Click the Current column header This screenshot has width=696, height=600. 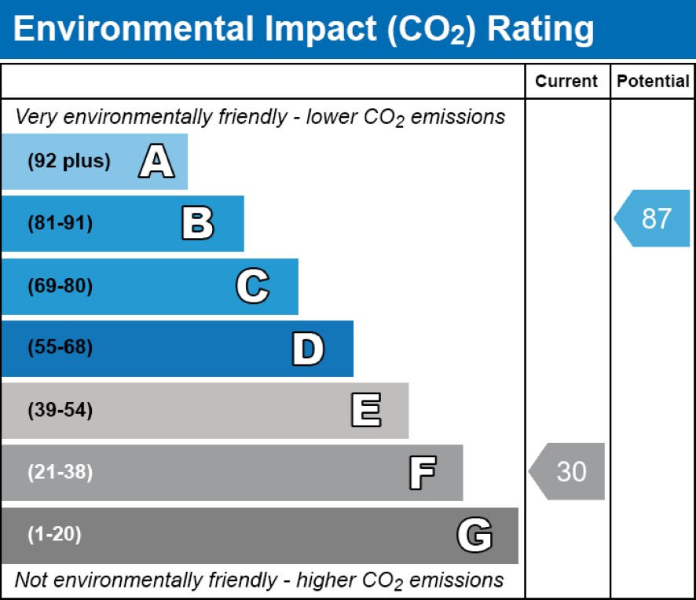coord(566,82)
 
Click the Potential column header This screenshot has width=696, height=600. coord(653,82)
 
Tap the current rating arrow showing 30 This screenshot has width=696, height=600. coord(567,471)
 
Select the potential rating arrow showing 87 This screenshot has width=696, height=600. coord(653,218)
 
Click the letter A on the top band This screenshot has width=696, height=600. coord(156,162)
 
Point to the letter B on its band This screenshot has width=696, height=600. coord(197,224)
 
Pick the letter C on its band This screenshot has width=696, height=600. coord(253,287)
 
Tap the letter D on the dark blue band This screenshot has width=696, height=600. coord(308,349)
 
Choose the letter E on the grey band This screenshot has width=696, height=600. coord(365,411)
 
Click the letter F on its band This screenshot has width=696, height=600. coord(422,473)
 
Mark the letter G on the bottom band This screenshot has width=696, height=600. coord(474,536)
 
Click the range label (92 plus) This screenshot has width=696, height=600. coord(69,162)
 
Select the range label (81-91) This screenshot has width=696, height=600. coord(60,224)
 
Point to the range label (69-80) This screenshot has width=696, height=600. coord(60,287)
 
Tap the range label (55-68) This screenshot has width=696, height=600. coord(60,348)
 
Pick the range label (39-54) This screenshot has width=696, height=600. coord(60,411)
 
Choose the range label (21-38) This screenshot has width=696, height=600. coord(60,473)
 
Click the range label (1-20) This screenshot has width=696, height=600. coord(55,536)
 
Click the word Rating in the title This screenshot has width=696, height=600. coord(540,29)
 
